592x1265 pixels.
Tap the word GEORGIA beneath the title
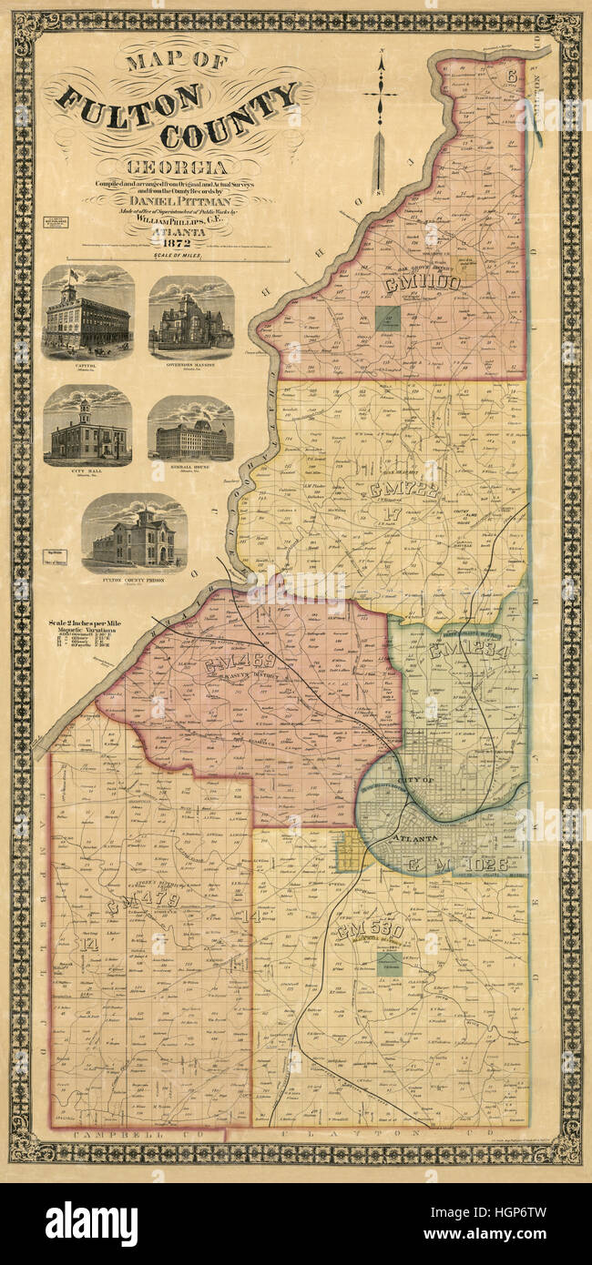pos(178,167)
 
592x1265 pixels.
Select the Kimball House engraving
pos(190,429)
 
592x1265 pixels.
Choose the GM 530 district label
pos(369,933)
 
